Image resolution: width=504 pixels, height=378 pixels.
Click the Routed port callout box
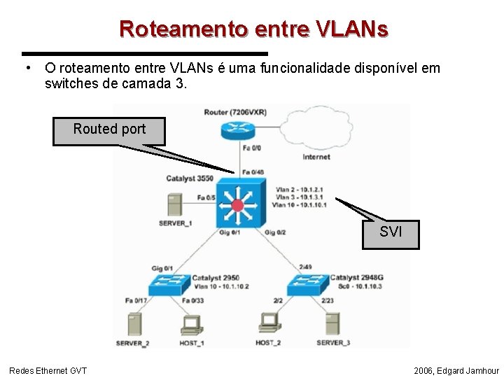tap(109, 130)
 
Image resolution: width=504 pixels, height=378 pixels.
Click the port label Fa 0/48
tap(253, 172)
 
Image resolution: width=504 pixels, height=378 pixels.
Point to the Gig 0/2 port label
tap(275, 232)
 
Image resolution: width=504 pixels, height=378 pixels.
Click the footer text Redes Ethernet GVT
tap(48, 370)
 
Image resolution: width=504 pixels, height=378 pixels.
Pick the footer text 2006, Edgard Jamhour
tap(456, 370)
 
